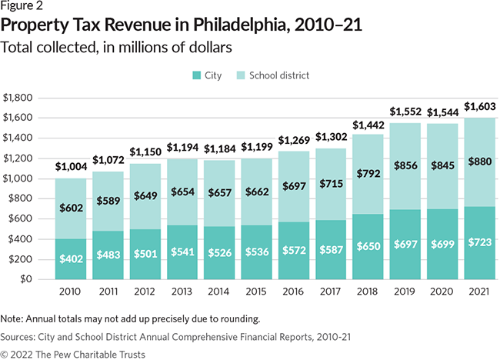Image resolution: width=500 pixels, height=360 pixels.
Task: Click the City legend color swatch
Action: pyautogui.click(x=196, y=75)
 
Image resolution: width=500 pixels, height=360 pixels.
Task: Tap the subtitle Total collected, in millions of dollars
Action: pyautogui.click(x=117, y=47)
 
